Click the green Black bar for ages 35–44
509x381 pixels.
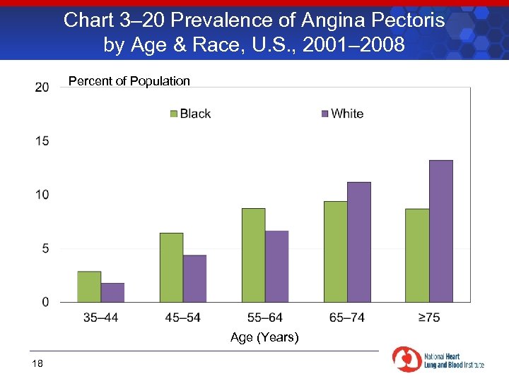(89, 286)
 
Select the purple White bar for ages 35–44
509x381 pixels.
(112, 292)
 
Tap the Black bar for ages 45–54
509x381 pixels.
(171, 267)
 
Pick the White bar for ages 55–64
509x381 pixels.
(276, 266)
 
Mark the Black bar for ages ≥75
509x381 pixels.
(417, 255)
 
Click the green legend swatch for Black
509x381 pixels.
(173, 114)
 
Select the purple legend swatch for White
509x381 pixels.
(324, 114)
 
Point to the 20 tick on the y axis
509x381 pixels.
(42, 87)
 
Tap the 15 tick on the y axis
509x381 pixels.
(42, 141)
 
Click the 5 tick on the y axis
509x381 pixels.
(45, 248)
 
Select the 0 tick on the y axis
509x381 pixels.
(45, 302)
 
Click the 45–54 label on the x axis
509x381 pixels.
(182, 317)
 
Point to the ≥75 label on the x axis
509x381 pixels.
(428, 317)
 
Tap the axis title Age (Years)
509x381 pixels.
(264, 337)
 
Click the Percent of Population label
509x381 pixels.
(129, 81)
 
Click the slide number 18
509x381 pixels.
(37, 363)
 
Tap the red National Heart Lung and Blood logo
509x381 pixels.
(406, 359)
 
